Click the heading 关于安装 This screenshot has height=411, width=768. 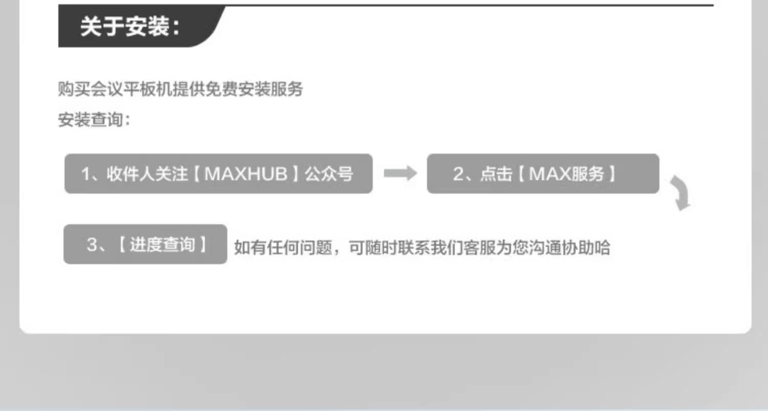click(x=131, y=27)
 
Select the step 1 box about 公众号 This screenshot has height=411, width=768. click(x=218, y=174)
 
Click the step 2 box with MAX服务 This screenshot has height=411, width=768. click(x=543, y=174)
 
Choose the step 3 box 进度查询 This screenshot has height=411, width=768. click(x=145, y=245)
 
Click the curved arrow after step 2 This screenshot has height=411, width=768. click(x=681, y=193)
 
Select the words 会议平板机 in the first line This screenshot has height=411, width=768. click(x=132, y=90)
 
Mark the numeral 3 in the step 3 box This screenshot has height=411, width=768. click(x=92, y=245)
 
